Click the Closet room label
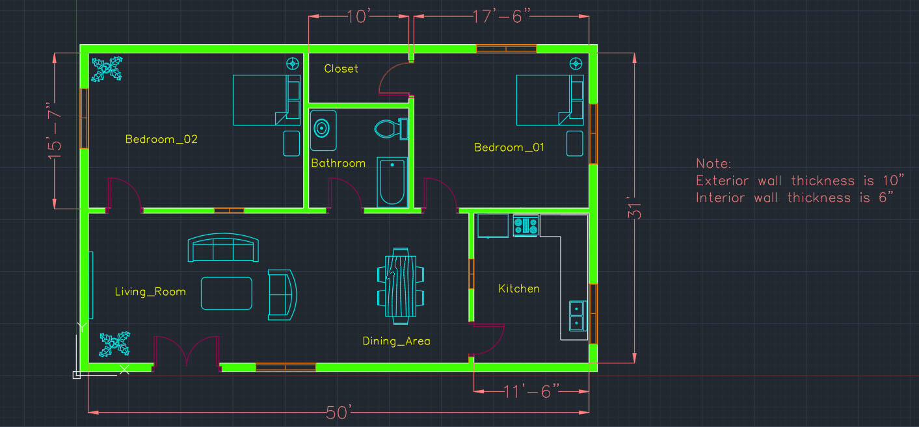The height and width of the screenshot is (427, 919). (x=341, y=68)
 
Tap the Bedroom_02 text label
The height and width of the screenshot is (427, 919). (x=161, y=139)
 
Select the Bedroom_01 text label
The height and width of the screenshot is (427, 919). (x=509, y=147)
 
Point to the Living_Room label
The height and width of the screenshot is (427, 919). (x=150, y=292)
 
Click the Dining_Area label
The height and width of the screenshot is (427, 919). (x=396, y=341)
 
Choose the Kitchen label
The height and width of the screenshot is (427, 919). (x=519, y=289)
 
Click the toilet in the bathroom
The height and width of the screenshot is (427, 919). (x=391, y=129)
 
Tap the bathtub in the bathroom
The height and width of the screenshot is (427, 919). (x=392, y=182)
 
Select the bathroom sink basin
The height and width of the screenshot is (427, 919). (x=323, y=130)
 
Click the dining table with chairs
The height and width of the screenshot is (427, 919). (x=401, y=286)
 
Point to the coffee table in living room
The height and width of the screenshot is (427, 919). (x=226, y=293)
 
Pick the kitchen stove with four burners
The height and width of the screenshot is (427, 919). (x=526, y=226)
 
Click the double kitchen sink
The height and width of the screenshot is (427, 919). (x=578, y=316)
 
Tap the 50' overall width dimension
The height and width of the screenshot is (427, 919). (x=339, y=412)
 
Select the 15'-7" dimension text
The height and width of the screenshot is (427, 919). (x=55, y=131)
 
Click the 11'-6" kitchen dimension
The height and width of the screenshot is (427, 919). (x=531, y=391)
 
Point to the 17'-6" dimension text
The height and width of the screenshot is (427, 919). (x=501, y=17)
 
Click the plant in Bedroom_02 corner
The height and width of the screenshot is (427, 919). (x=107, y=70)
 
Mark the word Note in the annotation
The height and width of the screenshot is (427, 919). (x=713, y=164)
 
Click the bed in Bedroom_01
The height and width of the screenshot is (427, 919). (x=550, y=100)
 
